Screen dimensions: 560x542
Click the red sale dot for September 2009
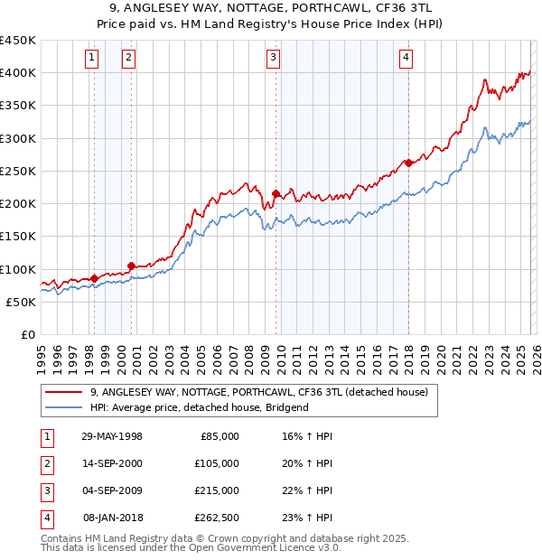[x=276, y=192]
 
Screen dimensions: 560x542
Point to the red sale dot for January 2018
[x=408, y=163]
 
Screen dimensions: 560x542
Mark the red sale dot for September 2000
[x=132, y=266]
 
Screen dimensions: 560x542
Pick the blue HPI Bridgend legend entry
[x=199, y=407]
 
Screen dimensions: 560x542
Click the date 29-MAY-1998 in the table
[x=112, y=436]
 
